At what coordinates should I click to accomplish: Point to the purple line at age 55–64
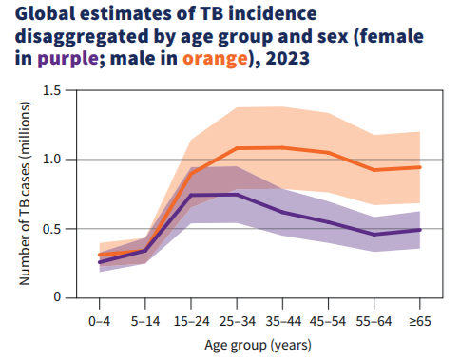tap(374, 234)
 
